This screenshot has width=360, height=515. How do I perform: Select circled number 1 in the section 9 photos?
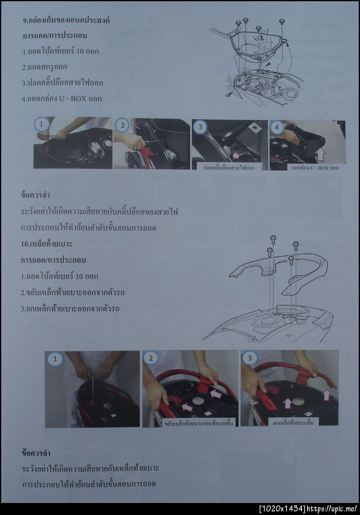[x=41, y=125]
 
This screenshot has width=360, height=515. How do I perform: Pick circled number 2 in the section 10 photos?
[x=150, y=359]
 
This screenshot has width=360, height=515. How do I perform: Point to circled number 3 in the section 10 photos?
[x=248, y=359]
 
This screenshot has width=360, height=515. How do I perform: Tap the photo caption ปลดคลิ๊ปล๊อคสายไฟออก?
[x=229, y=167]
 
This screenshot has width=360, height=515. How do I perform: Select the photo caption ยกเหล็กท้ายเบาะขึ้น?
[x=293, y=421]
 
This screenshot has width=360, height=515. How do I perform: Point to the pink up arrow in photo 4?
[x=320, y=153]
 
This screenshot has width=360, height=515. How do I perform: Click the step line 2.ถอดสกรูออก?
[x=46, y=67]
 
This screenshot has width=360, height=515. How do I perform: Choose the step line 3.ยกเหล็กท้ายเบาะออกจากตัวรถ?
[x=70, y=309]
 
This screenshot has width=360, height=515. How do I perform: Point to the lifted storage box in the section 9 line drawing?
[x=258, y=45]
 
